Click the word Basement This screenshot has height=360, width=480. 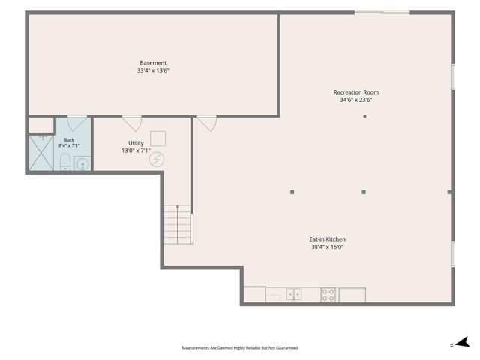153,63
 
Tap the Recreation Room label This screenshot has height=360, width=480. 356,92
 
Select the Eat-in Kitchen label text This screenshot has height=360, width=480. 327,239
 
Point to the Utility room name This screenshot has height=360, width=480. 136,143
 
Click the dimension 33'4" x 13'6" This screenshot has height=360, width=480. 153,70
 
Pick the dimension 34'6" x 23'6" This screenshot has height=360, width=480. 356,100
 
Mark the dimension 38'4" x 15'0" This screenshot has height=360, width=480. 327,247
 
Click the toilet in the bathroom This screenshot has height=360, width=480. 65,162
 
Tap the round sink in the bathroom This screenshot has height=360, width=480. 82,164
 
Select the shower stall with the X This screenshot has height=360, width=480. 41,153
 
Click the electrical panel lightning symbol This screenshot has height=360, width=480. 157,160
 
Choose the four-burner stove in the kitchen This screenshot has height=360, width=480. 328,295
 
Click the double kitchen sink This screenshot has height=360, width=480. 294,294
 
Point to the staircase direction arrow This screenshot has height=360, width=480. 177,224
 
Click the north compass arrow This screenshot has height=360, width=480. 463,342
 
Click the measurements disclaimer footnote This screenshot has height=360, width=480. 240,348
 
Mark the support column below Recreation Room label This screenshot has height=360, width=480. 365,116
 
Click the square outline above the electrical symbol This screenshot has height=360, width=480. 158,139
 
